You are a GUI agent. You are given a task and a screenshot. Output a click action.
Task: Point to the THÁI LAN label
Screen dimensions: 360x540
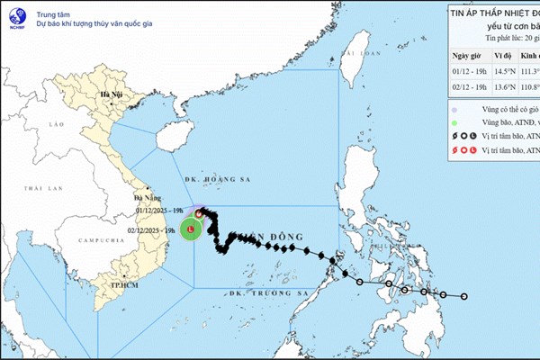coord(40,188)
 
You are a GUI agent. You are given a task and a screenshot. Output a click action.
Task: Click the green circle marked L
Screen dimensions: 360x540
coord(190,231)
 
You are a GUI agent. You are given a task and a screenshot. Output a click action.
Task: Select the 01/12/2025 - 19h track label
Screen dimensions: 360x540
coord(161,210)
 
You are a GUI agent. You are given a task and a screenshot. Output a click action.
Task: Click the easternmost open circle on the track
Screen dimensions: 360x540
coord(464,296)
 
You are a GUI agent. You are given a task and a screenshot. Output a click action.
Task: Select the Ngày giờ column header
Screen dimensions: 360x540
coord(468,54)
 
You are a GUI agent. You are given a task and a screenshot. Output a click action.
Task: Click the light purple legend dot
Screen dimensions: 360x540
coord(455,109)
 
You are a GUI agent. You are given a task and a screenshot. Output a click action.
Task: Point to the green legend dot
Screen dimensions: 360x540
coord(455,122)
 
